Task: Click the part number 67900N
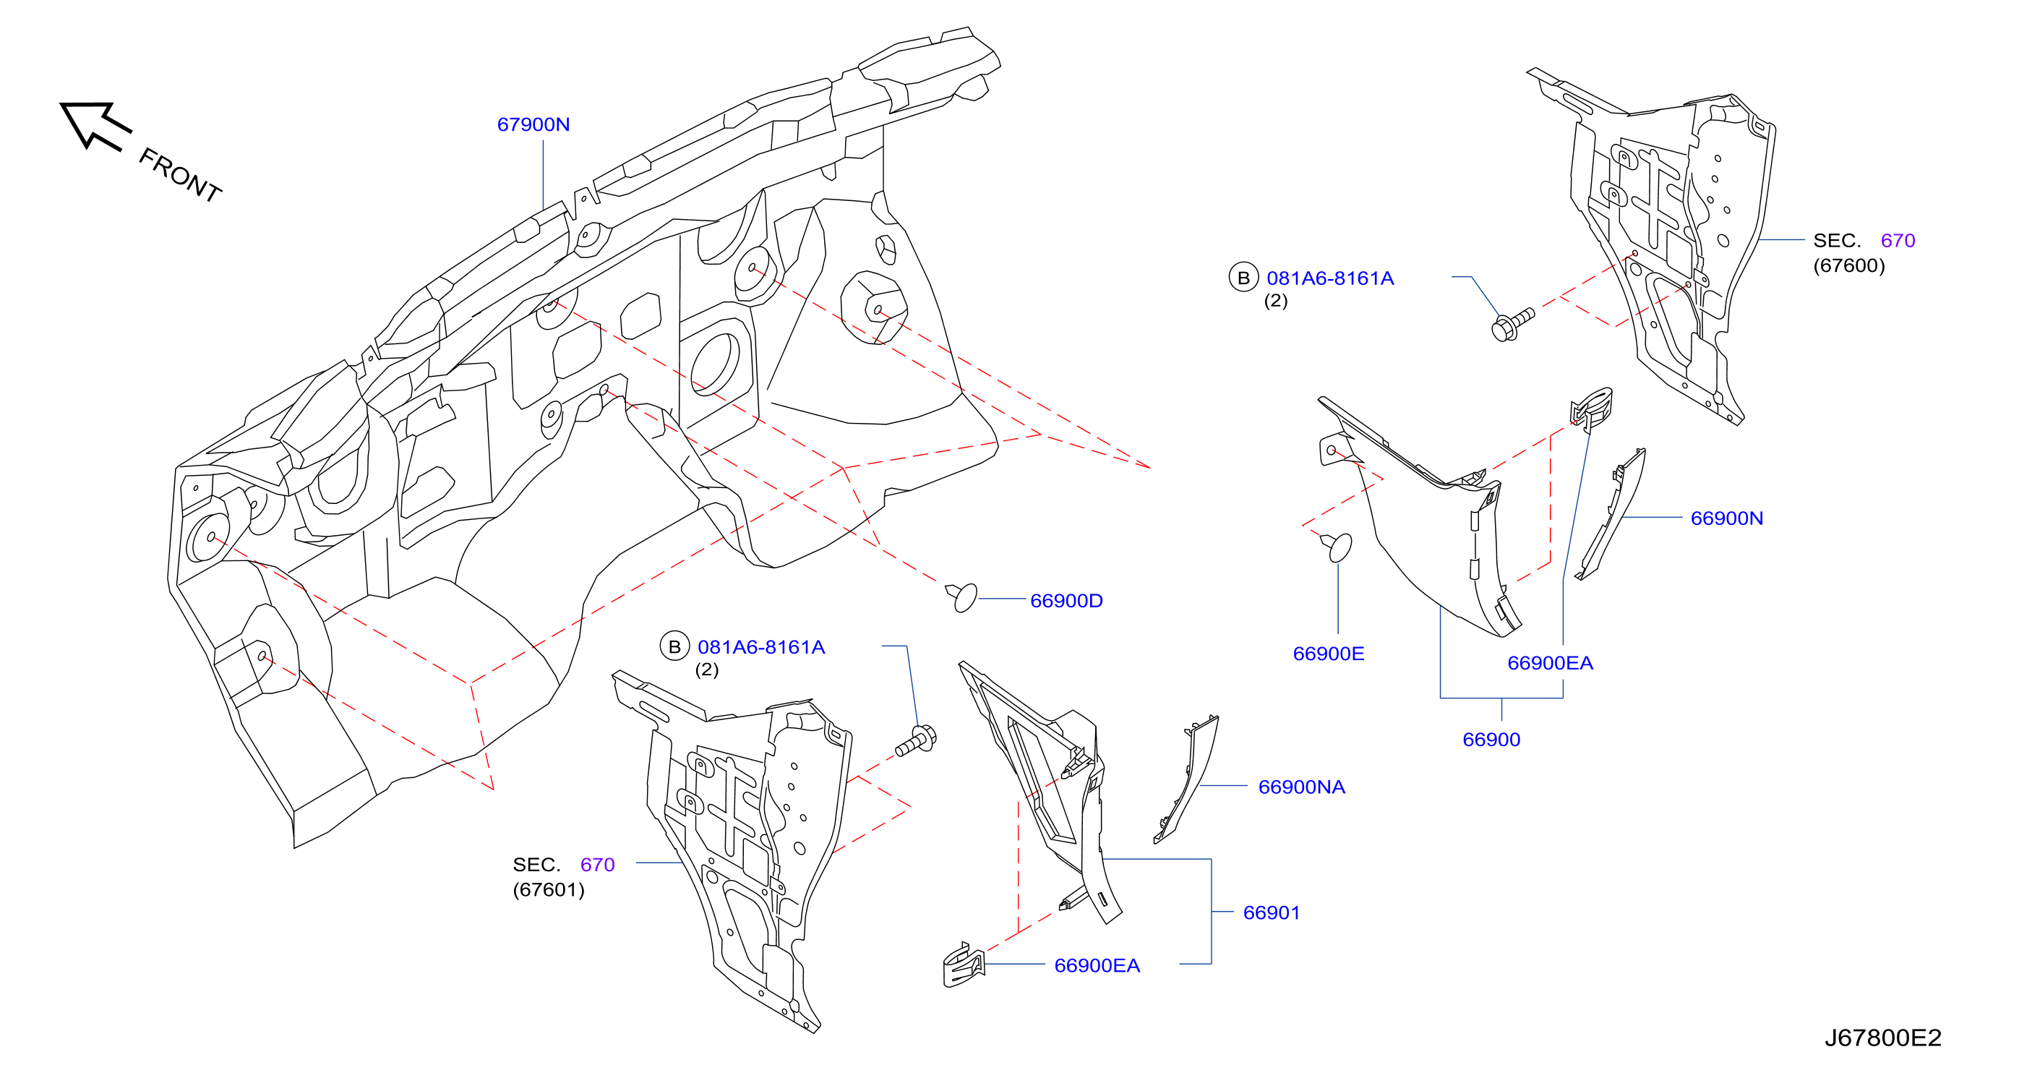pyautogui.click(x=533, y=124)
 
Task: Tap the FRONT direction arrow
pyautogui.click(x=95, y=124)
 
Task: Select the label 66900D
pyautogui.click(x=1066, y=600)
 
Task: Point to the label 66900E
pyautogui.click(x=1329, y=654)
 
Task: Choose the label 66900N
pyautogui.click(x=1727, y=518)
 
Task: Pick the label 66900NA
pyautogui.click(x=1301, y=787)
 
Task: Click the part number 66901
pyautogui.click(x=1272, y=912)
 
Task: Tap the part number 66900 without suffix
pyautogui.click(x=1491, y=739)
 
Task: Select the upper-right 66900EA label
pyautogui.click(x=1550, y=663)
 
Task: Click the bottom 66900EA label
pyautogui.click(x=1097, y=965)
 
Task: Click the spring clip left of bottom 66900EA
pyautogui.click(x=964, y=965)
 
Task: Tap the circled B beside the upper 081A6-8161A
pyautogui.click(x=1243, y=278)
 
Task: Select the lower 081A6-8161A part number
pyautogui.click(x=761, y=647)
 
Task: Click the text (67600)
pyautogui.click(x=1849, y=265)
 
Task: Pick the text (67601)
pyautogui.click(x=549, y=890)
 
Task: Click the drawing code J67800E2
pyautogui.click(x=1882, y=1038)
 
